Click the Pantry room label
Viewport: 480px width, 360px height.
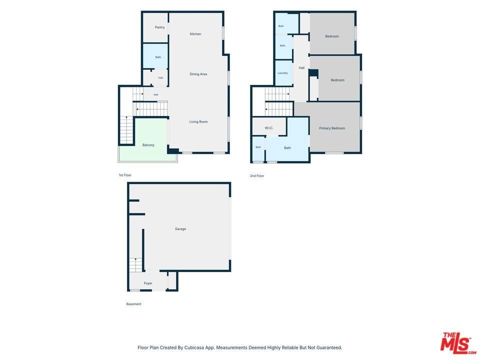click(160, 27)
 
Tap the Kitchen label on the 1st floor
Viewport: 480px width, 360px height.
click(195, 34)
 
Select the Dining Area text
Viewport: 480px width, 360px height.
click(198, 74)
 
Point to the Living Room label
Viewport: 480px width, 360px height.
click(198, 122)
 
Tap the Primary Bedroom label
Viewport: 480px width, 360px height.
click(332, 128)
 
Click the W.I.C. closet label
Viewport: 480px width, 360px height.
click(269, 128)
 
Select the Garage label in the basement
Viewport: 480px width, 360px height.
click(180, 229)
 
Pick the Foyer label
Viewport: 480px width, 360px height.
click(148, 283)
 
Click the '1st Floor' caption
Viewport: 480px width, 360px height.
click(125, 175)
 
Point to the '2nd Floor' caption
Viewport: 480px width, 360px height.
click(257, 175)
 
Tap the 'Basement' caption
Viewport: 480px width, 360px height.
click(134, 304)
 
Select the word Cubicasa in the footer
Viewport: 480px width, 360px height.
click(194, 348)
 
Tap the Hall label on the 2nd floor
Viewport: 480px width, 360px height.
click(301, 68)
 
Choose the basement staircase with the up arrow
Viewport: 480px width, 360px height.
click(135, 265)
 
